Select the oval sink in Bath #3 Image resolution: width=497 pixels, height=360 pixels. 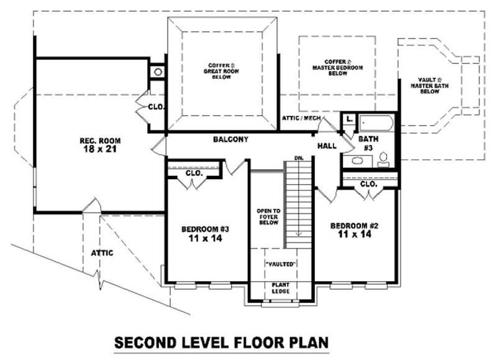[357, 161]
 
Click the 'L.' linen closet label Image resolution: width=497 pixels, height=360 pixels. [349, 118]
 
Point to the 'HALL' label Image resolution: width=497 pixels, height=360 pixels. [327, 146]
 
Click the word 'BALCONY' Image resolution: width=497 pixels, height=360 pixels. [230, 140]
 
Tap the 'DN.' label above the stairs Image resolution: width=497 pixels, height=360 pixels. [299, 159]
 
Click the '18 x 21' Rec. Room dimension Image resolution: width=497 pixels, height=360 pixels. [95, 149]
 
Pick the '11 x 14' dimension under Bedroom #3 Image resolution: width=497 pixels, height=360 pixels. [206, 238]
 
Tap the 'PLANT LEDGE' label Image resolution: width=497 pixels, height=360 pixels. [280, 288]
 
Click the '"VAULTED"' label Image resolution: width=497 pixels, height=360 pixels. [280, 264]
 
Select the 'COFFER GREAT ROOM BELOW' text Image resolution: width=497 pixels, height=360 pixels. [222, 70]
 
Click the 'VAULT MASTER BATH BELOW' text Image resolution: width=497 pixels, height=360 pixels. [429, 85]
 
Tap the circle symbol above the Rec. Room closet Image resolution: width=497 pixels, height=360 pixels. [158, 72]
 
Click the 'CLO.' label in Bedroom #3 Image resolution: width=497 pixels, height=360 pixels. [194, 173]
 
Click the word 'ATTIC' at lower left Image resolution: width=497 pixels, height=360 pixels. [102, 252]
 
